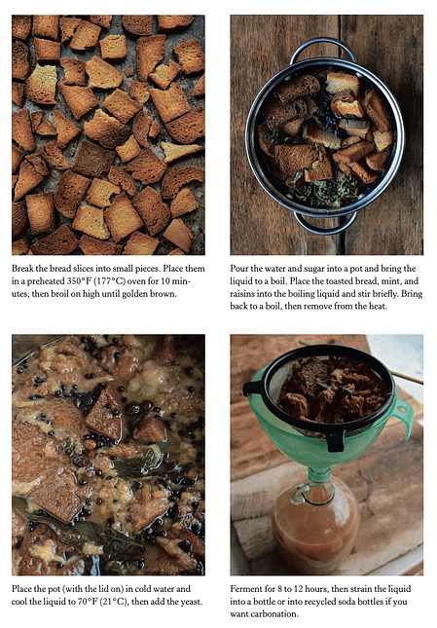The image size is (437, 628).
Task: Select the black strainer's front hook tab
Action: [x=336, y=439]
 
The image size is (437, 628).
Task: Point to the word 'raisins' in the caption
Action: [x=242, y=294]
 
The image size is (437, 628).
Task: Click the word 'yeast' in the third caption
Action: [x=191, y=602]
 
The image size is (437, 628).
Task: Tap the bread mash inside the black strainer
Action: [x=333, y=390]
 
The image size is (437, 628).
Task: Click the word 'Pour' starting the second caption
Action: [x=238, y=269]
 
